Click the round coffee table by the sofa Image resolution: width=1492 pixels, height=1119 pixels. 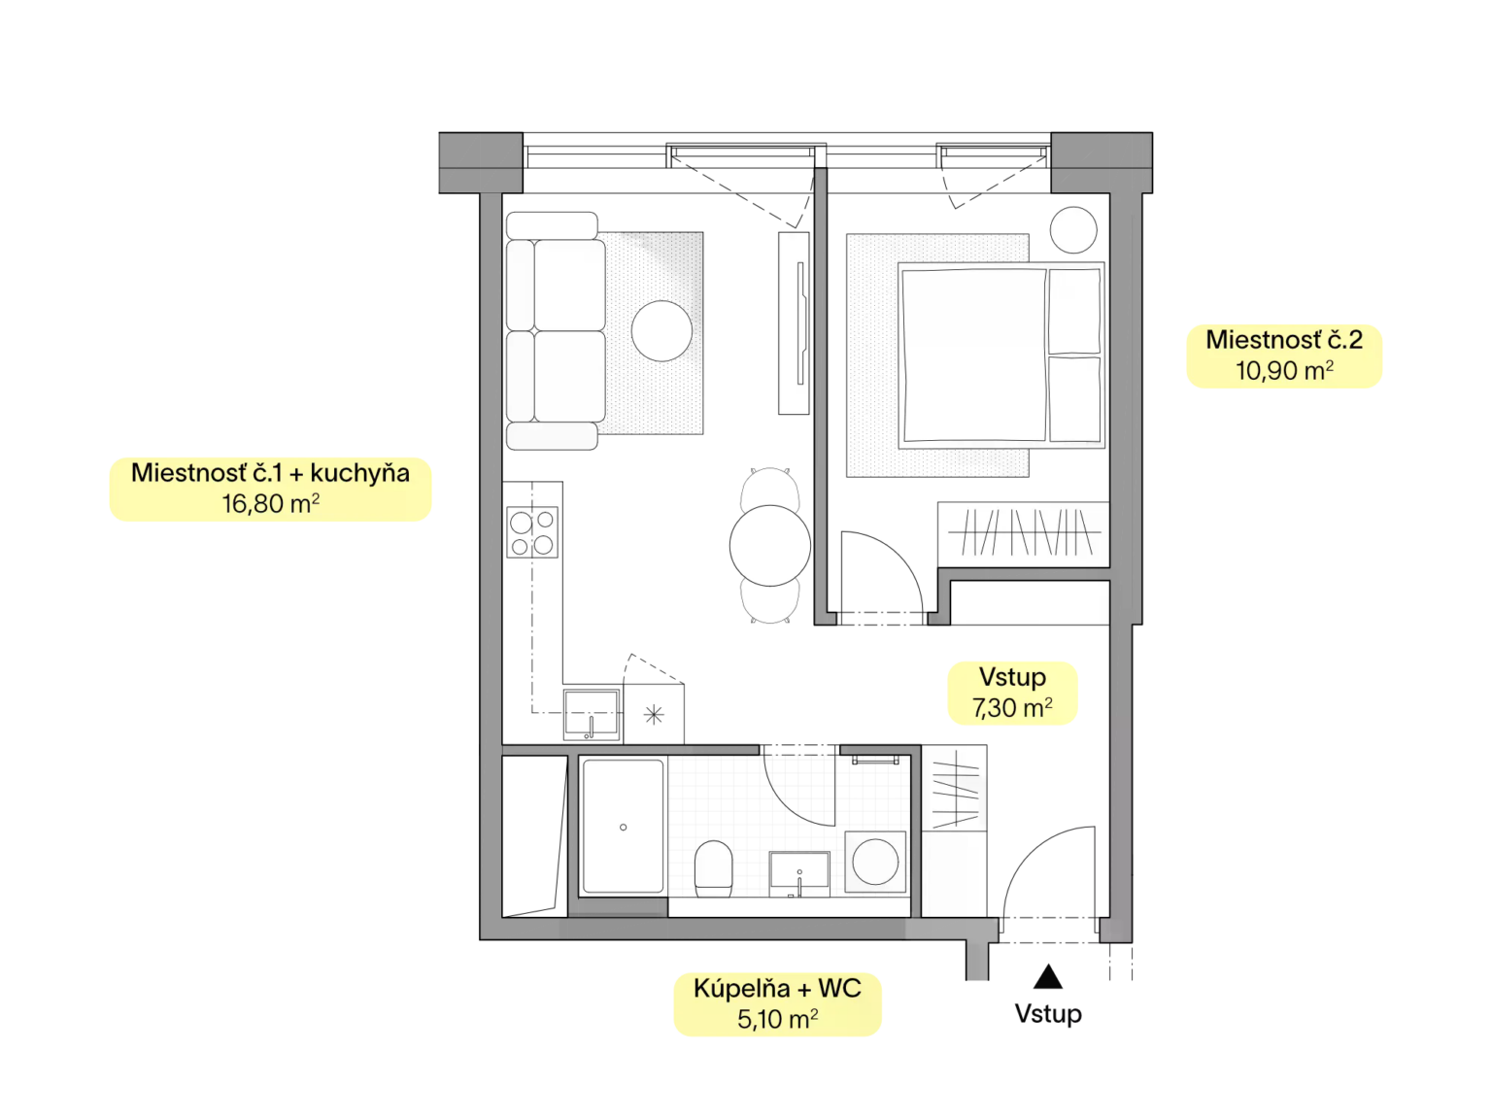(661, 331)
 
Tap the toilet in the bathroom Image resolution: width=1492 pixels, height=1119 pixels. (713, 868)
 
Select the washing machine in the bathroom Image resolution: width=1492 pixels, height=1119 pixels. (875, 862)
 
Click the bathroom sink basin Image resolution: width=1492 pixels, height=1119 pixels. (798, 873)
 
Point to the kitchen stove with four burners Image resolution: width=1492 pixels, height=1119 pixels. (532, 532)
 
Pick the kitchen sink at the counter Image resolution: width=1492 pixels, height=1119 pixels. (592, 714)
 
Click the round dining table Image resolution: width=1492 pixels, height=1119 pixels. (770, 546)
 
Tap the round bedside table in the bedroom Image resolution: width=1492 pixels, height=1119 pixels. (1072, 229)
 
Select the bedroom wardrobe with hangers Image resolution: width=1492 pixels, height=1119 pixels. (1023, 534)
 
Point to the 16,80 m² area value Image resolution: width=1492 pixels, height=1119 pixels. (270, 503)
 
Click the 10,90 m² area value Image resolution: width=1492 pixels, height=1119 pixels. (1284, 370)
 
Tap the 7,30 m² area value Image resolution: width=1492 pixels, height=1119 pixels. (1012, 707)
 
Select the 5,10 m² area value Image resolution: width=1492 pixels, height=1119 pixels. (778, 1018)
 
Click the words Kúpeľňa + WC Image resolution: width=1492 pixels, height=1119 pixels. (778, 988)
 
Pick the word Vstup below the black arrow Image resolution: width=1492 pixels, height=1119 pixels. (1047, 1014)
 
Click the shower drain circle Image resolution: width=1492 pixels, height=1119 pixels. (623, 827)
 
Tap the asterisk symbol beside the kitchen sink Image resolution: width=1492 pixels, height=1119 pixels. (653, 714)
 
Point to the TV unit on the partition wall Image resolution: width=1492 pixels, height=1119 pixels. (794, 322)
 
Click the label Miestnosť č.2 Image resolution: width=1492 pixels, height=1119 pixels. (1284, 340)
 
